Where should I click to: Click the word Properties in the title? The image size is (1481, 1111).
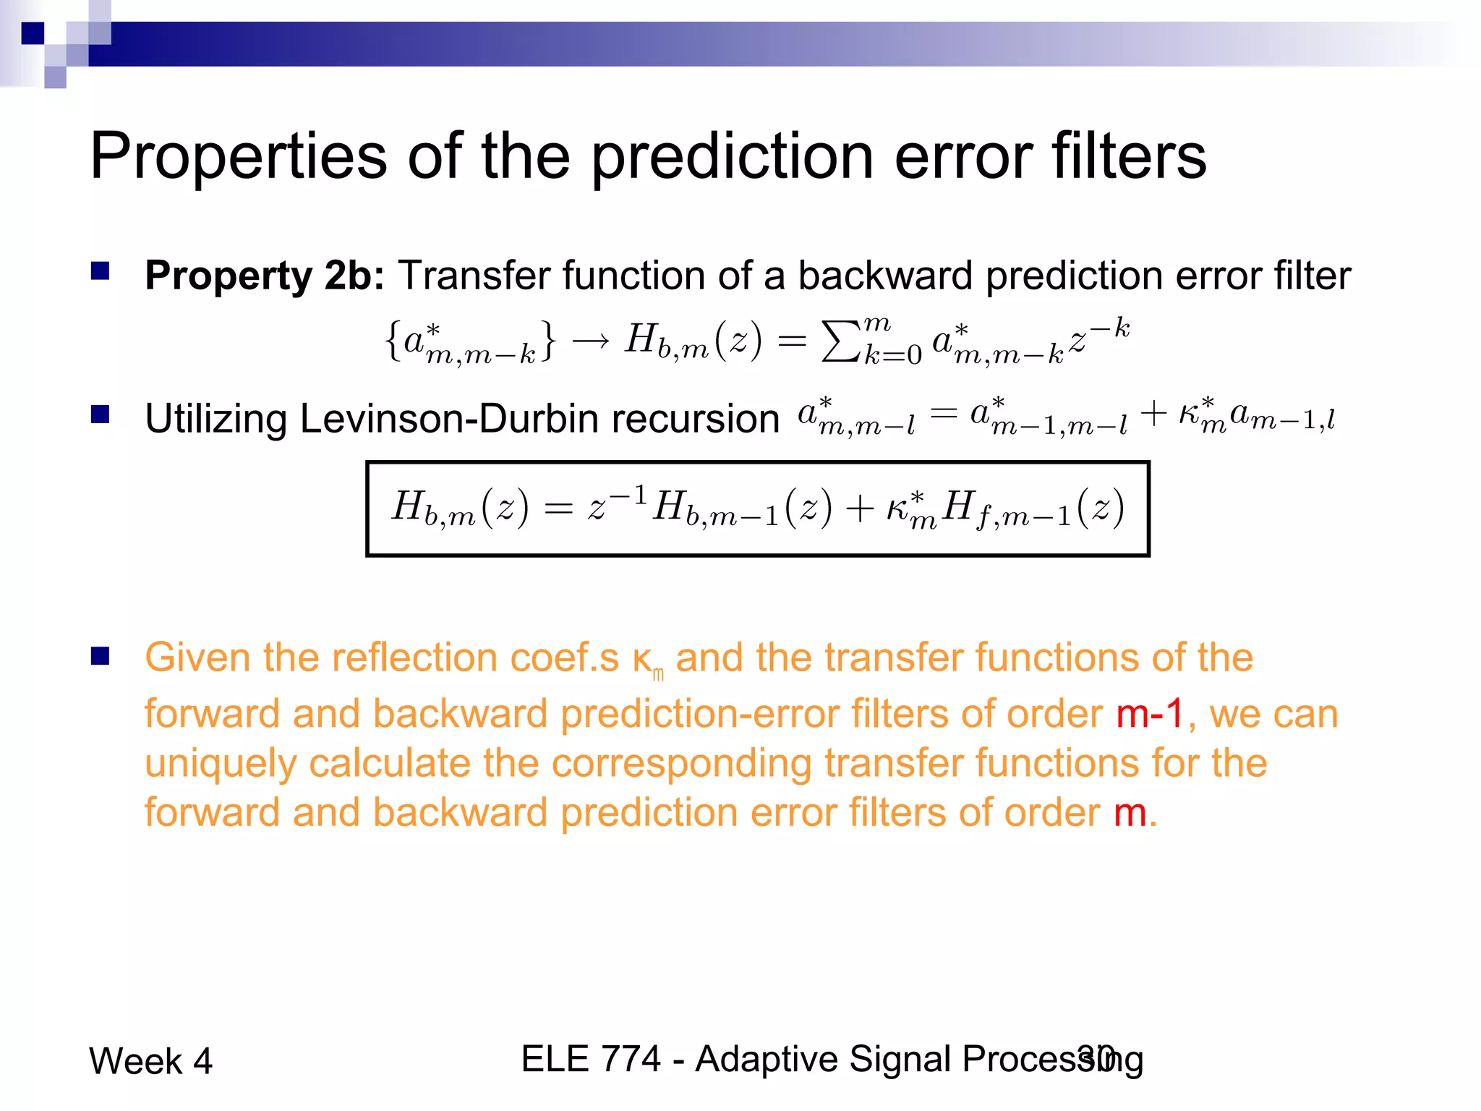click(x=238, y=158)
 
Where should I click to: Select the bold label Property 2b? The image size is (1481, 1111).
click(x=265, y=276)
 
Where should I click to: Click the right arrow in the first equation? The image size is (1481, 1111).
click(x=590, y=341)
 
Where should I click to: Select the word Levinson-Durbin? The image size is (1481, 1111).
click(x=539, y=419)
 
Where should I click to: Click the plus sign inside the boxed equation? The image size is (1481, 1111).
click(x=859, y=508)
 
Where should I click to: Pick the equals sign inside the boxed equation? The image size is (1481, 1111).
click(x=558, y=508)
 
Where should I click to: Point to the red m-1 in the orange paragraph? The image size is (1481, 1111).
click(x=1150, y=714)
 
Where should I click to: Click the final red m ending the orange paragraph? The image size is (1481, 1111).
click(x=1130, y=812)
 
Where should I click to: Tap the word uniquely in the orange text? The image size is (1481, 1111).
click(x=220, y=764)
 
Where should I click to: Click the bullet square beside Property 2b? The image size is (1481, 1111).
click(x=100, y=271)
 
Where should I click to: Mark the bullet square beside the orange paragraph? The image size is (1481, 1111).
click(x=100, y=655)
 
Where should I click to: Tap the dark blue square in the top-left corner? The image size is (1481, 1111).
click(x=33, y=33)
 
